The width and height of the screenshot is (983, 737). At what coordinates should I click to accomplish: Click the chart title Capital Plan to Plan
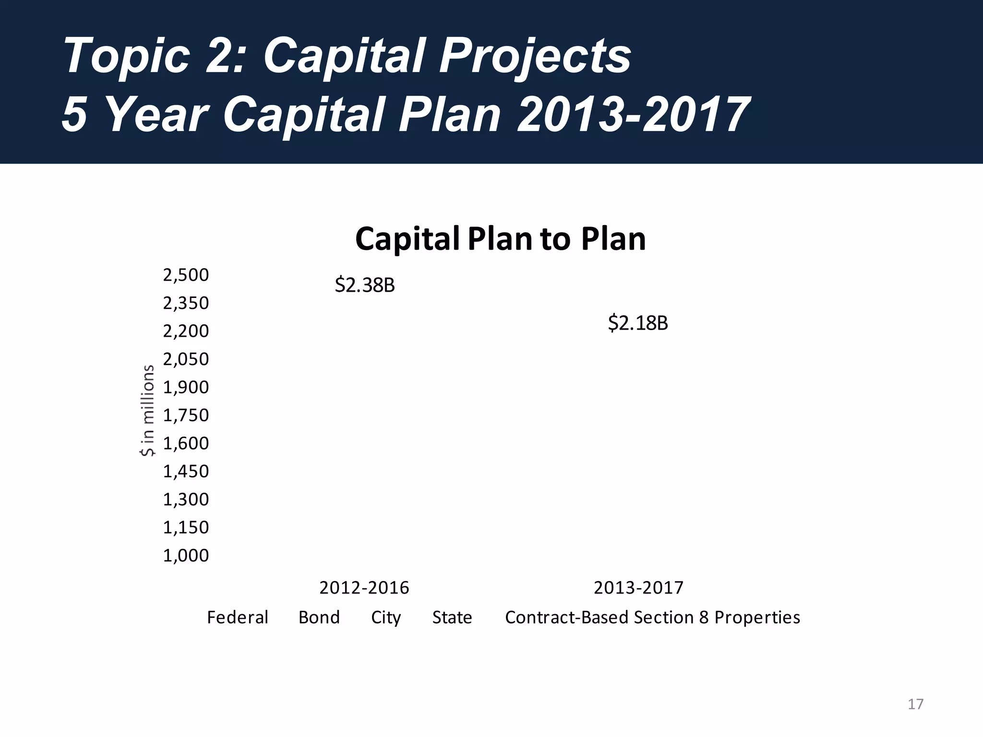point(500,239)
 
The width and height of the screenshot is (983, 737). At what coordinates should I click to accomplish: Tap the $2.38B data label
point(365,285)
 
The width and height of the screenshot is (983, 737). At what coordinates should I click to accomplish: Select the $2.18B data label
point(638,323)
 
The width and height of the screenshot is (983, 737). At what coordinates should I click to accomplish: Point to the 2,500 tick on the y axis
point(186,275)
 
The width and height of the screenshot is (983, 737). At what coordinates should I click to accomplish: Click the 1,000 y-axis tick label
point(186,556)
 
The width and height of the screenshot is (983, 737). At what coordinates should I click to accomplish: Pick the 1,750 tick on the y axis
point(186,416)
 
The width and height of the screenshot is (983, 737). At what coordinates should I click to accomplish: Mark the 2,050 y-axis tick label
point(186,359)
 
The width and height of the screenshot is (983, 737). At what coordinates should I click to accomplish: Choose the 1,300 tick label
point(186,499)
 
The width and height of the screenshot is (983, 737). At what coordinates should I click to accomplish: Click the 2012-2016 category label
point(364,588)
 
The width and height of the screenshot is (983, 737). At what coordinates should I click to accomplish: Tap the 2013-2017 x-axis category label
point(638,588)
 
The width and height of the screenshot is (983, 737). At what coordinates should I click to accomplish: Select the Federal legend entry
point(238,618)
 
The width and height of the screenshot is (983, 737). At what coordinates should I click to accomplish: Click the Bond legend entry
point(319,618)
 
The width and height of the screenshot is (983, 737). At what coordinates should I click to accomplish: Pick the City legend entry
point(386,618)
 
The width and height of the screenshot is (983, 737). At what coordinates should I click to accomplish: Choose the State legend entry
point(452,618)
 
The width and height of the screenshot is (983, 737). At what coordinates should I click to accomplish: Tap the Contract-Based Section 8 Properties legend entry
point(652,618)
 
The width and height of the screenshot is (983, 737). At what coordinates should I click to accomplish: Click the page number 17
point(915,704)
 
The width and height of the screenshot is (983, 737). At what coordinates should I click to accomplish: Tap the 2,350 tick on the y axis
point(186,303)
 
